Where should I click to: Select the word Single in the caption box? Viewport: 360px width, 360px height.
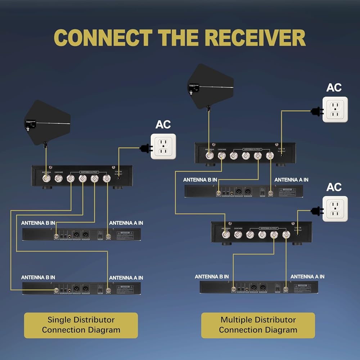coord(59,320)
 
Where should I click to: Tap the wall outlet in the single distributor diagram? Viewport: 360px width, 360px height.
coord(163,147)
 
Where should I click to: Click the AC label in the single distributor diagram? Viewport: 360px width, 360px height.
coord(163,125)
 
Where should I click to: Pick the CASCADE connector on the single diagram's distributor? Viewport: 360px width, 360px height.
coord(58,179)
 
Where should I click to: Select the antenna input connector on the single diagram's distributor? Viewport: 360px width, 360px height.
coord(46,179)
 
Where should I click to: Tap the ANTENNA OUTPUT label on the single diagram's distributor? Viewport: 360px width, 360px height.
coord(88,172)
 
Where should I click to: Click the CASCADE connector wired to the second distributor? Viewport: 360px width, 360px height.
coord(221,156)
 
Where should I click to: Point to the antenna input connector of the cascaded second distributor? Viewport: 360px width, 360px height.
coord(226,235)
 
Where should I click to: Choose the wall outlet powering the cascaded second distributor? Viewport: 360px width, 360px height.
coord(335,208)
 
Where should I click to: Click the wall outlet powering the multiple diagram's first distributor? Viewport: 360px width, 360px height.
coord(335,109)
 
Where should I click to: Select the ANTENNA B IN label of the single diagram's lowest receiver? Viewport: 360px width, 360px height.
coord(38,278)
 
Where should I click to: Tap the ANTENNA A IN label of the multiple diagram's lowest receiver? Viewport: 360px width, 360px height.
coord(307,276)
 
